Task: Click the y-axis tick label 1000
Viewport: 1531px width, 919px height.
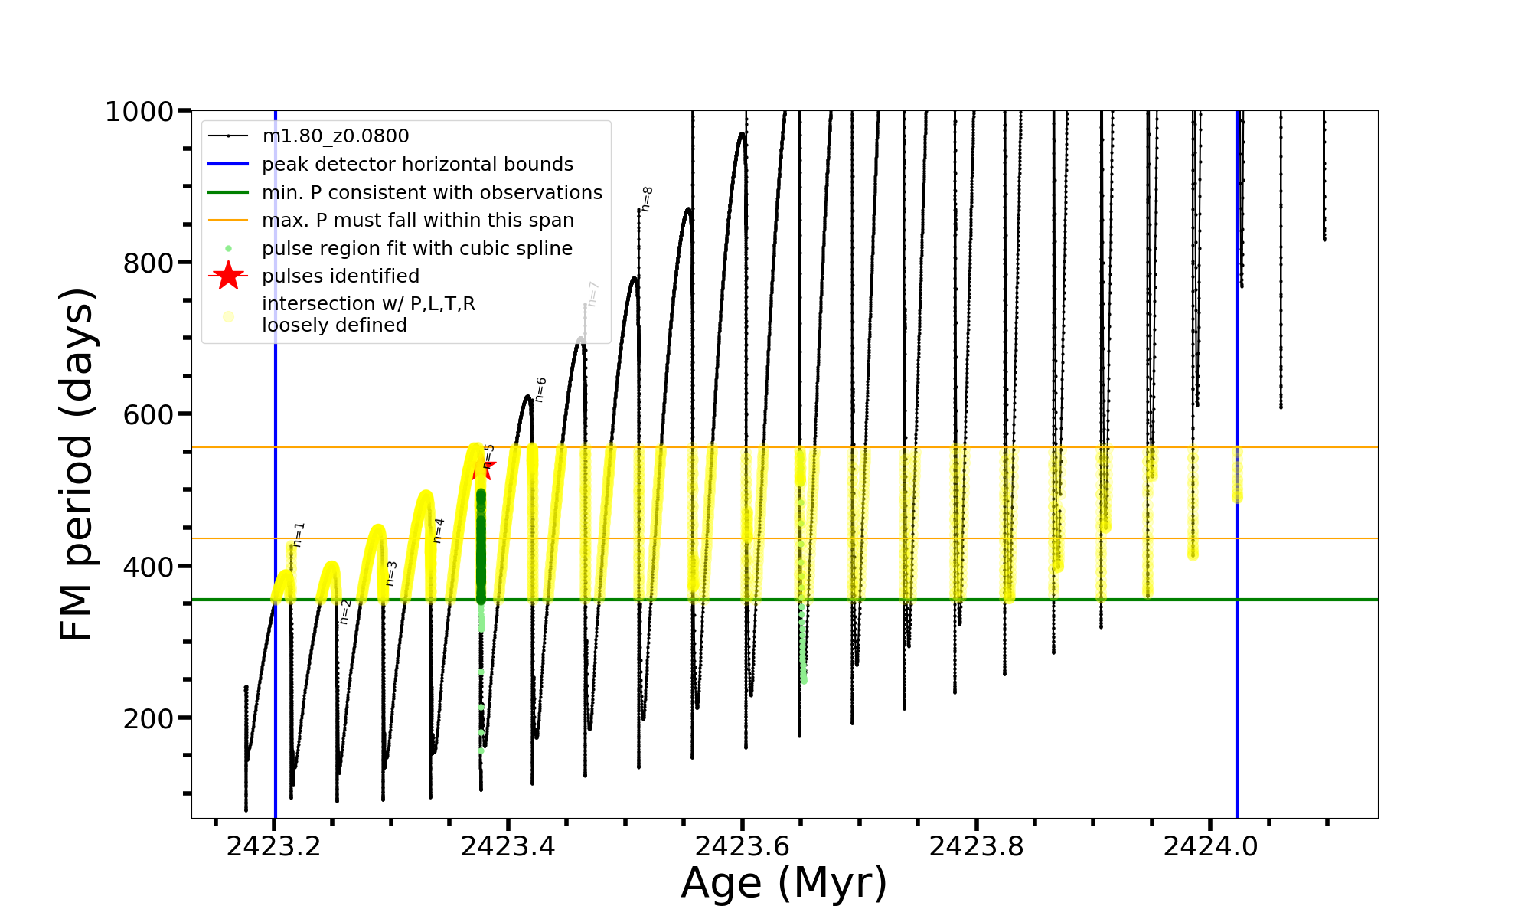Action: [139, 112]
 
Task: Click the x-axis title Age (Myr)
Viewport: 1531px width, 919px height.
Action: [784, 883]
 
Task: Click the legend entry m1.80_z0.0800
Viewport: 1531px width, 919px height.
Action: [335, 136]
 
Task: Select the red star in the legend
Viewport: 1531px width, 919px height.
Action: [228, 276]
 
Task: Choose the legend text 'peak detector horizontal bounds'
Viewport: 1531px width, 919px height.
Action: [417, 165]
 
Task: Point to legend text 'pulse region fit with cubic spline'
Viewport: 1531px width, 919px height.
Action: [416, 249]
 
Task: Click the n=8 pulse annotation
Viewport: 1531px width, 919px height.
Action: [647, 198]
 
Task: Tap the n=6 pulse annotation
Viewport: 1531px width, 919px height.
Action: [540, 389]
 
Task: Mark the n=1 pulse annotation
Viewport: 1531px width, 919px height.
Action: [299, 534]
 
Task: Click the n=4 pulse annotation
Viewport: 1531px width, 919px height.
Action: [438, 530]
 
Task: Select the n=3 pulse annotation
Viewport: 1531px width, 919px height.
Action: [391, 573]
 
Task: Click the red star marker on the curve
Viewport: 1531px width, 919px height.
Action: [483, 467]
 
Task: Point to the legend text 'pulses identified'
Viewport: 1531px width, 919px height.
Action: [341, 276]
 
